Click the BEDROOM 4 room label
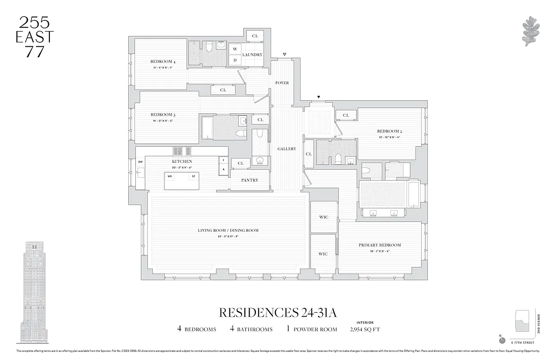(162, 62)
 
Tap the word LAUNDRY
(252, 55)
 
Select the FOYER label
(282, 83)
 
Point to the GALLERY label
(287, 148)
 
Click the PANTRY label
(250, 180)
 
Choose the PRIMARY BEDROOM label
(380, 245)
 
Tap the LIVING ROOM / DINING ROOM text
(228, 230)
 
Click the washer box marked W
(235, 49)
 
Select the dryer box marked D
(235, 60)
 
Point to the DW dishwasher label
(140, 162)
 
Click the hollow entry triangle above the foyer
(284, 55)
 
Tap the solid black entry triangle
(319, 97)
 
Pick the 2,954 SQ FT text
(365, 329)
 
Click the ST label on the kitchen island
(193, 176)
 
